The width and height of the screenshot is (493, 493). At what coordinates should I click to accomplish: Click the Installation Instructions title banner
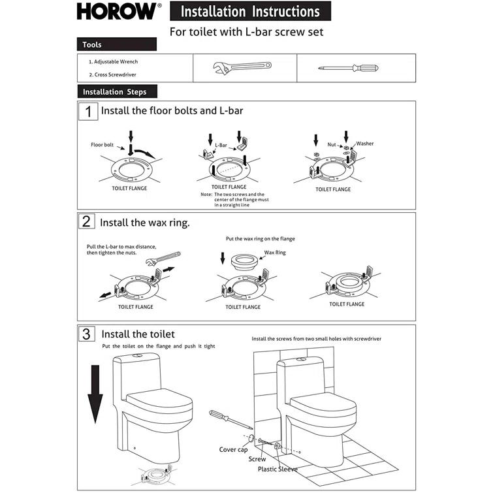tap(250, 12)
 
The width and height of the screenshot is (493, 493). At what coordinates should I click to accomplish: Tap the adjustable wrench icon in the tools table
tap(242, 67)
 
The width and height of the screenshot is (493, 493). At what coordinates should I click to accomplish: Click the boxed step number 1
tap(87, 111)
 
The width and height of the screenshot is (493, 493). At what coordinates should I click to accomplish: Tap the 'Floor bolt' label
tap(103, 145)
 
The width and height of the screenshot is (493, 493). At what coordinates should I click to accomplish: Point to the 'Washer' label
tap(364, 144)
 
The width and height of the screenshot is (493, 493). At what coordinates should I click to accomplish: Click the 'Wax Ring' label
tap(275, 252)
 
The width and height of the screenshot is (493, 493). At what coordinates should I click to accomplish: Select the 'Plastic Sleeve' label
tap(278, 469)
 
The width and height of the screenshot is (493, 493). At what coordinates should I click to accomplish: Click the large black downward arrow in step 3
tap(96, 392)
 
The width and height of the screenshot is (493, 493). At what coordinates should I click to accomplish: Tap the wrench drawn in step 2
tap(164, 259)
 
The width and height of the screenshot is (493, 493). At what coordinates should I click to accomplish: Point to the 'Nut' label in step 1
tap(332, 144)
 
